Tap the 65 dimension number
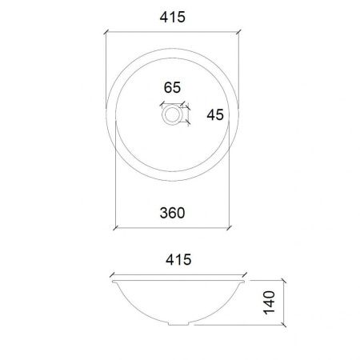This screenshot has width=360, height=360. [173, 87]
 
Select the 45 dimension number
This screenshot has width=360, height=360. [214, 115]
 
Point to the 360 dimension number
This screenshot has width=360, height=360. [173, 213]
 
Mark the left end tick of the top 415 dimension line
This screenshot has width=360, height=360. [107, 32]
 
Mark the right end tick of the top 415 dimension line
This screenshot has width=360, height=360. [238, 32]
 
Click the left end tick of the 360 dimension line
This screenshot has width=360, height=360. [117, 227]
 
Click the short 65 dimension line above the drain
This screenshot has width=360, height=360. [173, 102]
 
